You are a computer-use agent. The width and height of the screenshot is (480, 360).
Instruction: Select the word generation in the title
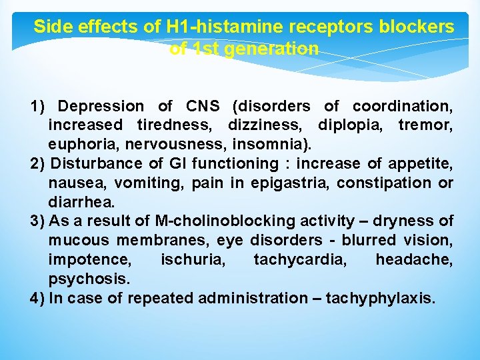click(279, 49)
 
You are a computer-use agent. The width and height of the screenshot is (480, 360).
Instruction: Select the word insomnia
click(273, 145)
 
